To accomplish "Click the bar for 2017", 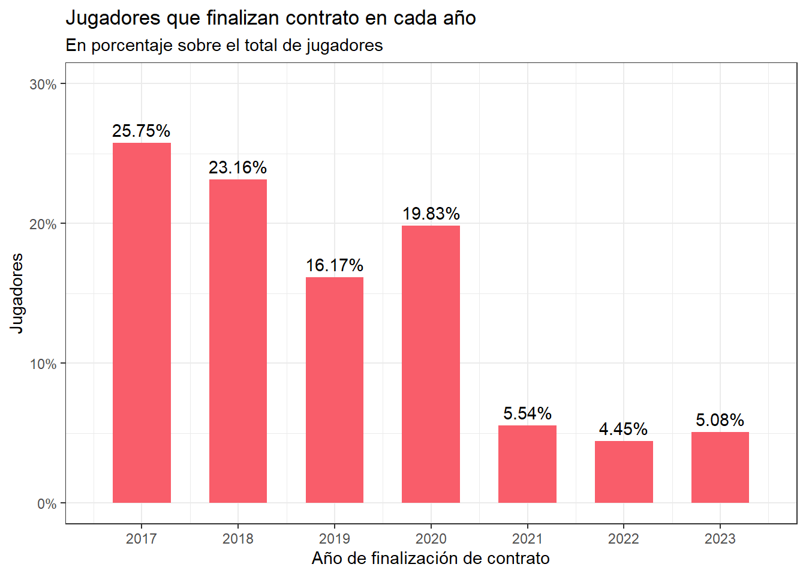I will tap(142, 323).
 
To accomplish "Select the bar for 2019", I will tap(335, 390).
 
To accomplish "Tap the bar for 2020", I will tap(431, 364).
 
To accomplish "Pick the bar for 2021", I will tap(527, 464).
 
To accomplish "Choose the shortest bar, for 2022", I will tap(624, 472).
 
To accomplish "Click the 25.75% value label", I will tap(142, 131).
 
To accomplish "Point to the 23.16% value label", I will tap(238, 167).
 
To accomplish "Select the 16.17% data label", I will tap(335, 265).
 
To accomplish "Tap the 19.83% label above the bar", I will tap(431, 214).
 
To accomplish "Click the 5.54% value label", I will tap(527, 413).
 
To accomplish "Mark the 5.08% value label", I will tap(720, 420).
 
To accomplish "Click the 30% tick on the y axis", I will tap(43, 85).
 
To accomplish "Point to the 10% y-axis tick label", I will tap(43, 364).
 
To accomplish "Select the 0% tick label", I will tap(47, 504).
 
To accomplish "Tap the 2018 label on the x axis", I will tap(238, 539).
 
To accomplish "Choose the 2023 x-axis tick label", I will tap(720, 539).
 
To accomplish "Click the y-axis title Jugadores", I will tap(17, 293).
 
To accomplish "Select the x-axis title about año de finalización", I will tap(431, 559).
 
